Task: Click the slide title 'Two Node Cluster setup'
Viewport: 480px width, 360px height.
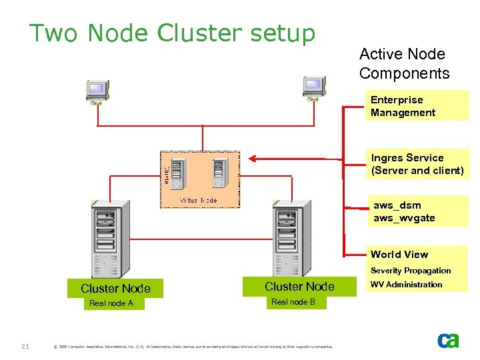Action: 172,33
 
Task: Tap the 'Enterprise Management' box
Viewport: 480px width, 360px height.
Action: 419,106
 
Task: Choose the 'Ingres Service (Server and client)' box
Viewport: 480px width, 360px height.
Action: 419,164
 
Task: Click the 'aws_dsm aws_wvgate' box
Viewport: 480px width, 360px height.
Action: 419,211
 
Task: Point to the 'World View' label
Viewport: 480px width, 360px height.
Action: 399,254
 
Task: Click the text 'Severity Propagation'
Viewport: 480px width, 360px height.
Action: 411,271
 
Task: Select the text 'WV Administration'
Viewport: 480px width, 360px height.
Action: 406,285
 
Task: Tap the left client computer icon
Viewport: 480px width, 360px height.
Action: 97,90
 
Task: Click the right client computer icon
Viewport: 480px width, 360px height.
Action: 313,88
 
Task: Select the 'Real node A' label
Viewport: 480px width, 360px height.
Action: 111,303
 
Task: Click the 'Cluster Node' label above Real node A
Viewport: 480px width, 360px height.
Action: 115,289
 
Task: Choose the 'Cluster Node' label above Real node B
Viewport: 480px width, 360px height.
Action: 299,287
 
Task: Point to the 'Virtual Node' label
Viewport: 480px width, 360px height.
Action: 198,200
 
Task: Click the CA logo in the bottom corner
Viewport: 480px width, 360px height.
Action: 448,340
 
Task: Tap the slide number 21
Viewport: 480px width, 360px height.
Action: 25,345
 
